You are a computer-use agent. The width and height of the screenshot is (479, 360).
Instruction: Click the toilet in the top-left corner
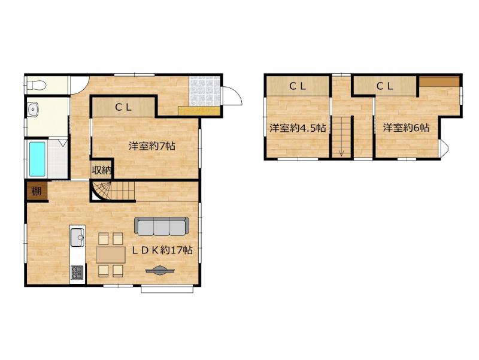tap(37, 85)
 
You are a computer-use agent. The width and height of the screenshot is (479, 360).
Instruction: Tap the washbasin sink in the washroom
tap(32, 109)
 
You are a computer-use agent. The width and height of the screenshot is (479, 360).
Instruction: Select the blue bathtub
tap(38, 159)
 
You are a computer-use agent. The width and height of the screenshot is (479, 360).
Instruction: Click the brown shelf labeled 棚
tap(37, 191)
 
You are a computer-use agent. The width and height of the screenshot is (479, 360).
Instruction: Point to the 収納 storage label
tap(102, 171)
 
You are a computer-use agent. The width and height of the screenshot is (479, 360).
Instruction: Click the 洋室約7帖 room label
tap(152, 146)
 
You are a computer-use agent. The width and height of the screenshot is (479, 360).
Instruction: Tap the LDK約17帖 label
tap(162, 250)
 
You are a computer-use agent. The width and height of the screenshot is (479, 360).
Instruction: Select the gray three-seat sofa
tap(161, 226)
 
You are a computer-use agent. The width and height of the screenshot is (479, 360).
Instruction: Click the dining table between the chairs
tap(111, 255)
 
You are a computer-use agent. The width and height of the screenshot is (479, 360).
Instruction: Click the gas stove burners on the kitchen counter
tap(77, 273)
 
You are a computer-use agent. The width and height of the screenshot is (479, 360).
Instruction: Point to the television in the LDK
tap(160, 271)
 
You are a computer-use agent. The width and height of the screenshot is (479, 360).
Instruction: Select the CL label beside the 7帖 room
tap(123, 107)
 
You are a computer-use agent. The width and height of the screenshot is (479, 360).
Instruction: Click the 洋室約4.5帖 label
tap(297, 128)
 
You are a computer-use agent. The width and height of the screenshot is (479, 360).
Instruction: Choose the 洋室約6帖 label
tap(406, 128)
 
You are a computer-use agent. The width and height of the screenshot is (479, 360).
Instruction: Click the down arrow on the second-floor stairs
tap(341, 153)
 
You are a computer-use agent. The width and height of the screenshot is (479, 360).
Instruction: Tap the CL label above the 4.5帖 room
tap(298, 86)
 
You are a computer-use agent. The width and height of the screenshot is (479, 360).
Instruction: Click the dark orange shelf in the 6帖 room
tap(439, 81)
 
